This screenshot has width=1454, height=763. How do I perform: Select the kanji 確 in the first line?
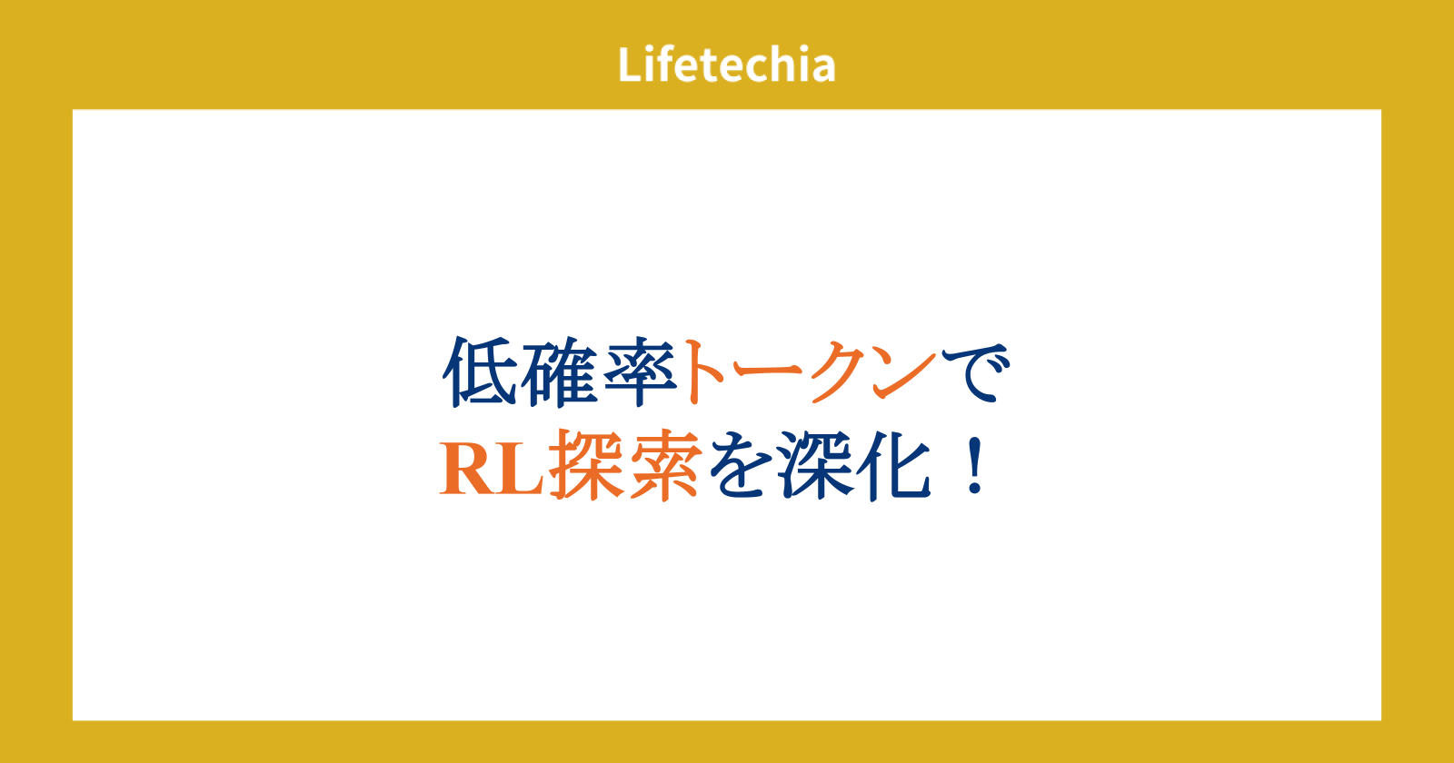click(x=560, y=372)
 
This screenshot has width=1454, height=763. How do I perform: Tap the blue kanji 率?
click(x=641, y=372)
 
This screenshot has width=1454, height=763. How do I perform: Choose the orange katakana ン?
click(x=902, y=373)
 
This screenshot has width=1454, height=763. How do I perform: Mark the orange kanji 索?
click(x=666, y=464)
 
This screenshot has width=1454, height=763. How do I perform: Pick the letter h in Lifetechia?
click(x=779, y=64)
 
